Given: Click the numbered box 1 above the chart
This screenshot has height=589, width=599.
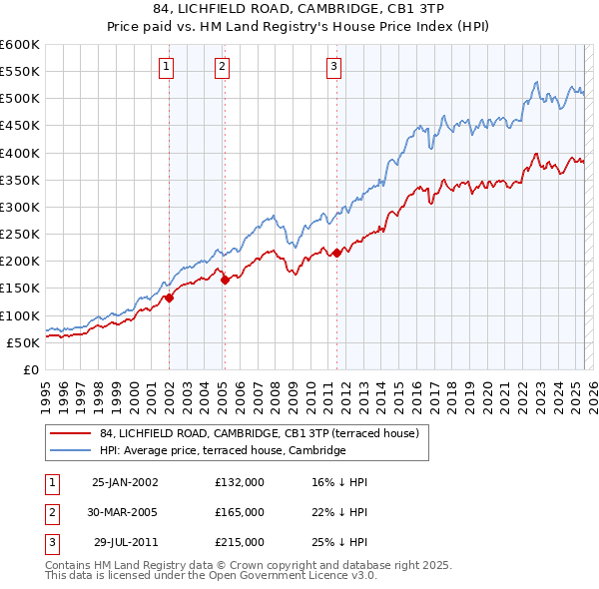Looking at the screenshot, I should (x=166, y=67).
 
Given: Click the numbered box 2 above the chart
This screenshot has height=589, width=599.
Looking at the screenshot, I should (x=222, y=67).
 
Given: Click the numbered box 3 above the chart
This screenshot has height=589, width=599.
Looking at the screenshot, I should (x=333, y=67).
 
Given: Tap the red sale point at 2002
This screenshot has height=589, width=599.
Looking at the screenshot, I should (x=169, y=296).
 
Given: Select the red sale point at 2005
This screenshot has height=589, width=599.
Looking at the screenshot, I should (x=225, y=280).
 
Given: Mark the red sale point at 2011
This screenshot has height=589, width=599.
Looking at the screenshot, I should (x=336, y=253).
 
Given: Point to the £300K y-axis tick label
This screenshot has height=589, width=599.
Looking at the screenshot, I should (x=20, y=207).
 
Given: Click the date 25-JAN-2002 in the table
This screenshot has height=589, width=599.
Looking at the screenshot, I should (x=124, y=482).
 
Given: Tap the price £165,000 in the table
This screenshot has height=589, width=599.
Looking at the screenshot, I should (x=240, y=512).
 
